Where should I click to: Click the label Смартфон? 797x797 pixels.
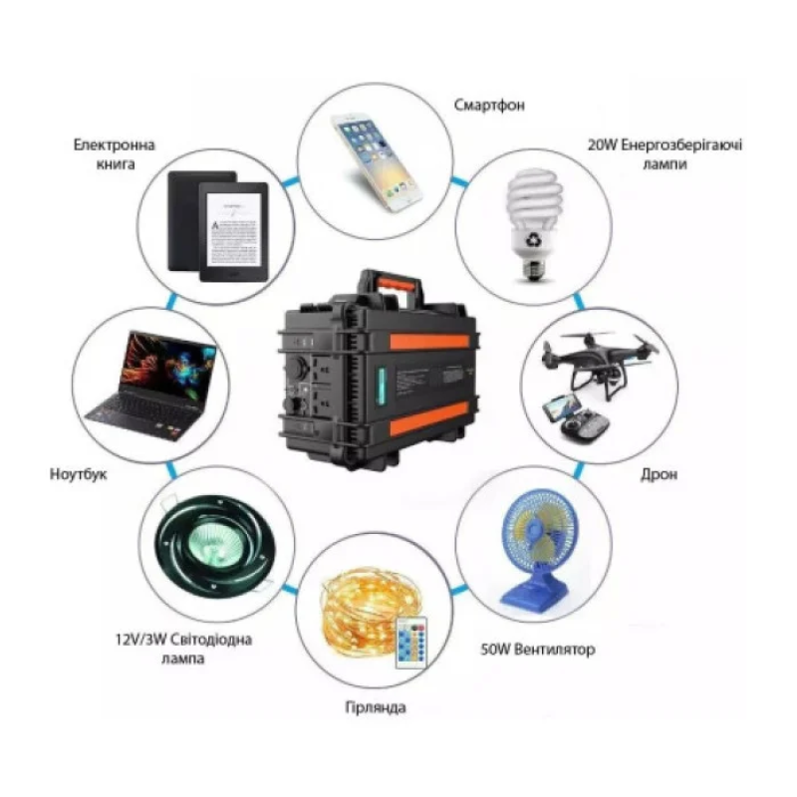pos(489,105)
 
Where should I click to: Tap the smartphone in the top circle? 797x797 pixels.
pos(376,161)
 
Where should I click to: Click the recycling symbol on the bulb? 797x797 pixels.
pos(534,239)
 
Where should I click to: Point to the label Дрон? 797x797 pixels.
pos(659,474)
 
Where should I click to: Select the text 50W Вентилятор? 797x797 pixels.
pos(538,650)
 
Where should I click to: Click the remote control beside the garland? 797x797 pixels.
pos(411,643)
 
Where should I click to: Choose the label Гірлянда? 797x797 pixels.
pos(376,707)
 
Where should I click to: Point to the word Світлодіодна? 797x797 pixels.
pos(210,639)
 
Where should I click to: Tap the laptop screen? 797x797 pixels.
pos(167,365)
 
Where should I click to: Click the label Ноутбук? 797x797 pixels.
pos(79,474)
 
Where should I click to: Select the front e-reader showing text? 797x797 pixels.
pos(233,231)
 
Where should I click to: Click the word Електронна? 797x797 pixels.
pos(114,144)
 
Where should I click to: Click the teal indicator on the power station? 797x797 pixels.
pos(381,387)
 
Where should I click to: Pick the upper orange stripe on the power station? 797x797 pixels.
pos(429,341)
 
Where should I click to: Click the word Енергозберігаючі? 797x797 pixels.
pos(681,144)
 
